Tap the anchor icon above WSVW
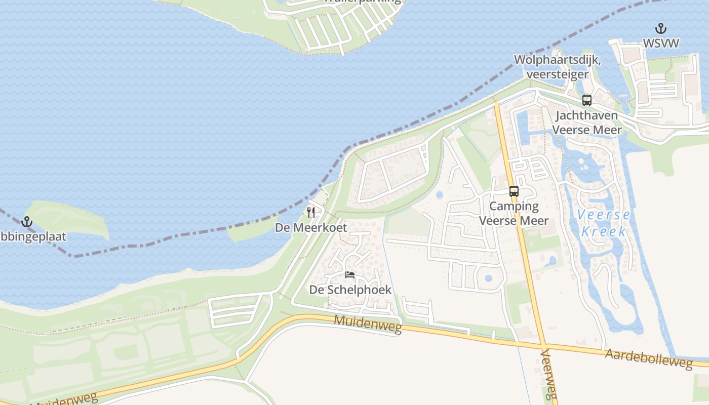tap(661, 28)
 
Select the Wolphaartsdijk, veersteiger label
tap(557, 67)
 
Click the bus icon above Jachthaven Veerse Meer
tap(587, 100)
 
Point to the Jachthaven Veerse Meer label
tap(586, 123)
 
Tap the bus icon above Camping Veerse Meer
tap(514, 191)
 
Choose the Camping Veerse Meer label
tap(514, 213)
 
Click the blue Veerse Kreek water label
tap(604, 223)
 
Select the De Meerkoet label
tap(311, 228)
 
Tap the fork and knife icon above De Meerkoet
tap(311, 213)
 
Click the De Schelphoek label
tap(350, 290)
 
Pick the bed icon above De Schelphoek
tap(350, 275)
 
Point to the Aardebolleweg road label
tap(649, 359)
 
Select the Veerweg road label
tap(549, 375)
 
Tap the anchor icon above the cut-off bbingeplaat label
tap(26, 222)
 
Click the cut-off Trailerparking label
tap(363, 2)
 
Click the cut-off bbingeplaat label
tap(33, 236)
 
